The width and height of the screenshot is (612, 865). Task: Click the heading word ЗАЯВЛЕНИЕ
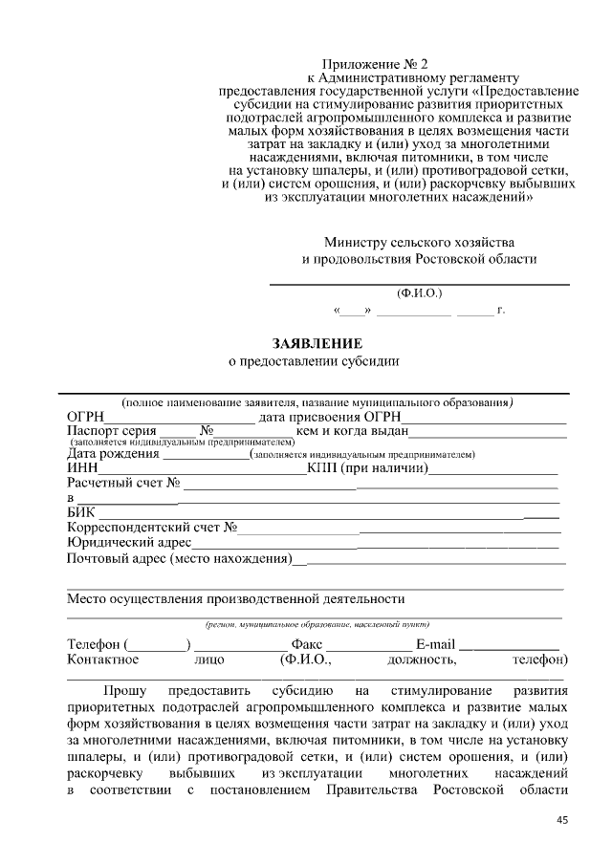pyautogui.click(x=317, y=342)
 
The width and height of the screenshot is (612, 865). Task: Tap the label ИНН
pyautogui.click(x=83, y=468)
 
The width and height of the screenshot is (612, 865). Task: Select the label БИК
pyautogui.click(x=81, y=513)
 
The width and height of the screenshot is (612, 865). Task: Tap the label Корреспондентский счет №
pyautogui.click(x=152, y=528)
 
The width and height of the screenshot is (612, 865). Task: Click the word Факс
pyautogui.click(x=310, y=644)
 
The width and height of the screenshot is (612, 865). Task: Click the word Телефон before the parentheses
pyautogui.click(x=94, y=644)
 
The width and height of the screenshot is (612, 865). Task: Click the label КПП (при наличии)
pyautogui.click(x=367, y=468)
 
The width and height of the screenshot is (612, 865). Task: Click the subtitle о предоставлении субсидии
pyautogui.click(x=313, y=361)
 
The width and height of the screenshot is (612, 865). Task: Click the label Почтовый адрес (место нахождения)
pyautogui.click(x=179, y=558)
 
